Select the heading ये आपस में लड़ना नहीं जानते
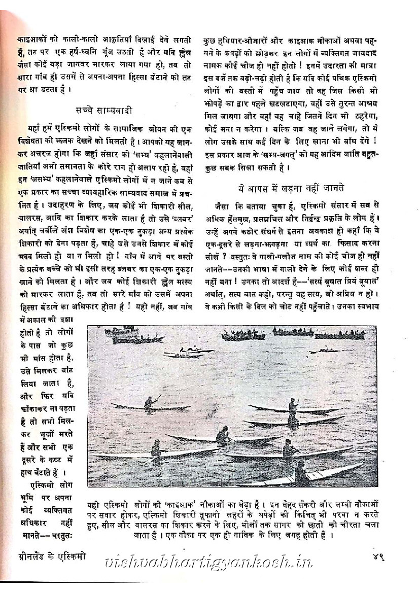point(291,188)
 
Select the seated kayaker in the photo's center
point(223,435)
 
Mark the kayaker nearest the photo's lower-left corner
point(156,449)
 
